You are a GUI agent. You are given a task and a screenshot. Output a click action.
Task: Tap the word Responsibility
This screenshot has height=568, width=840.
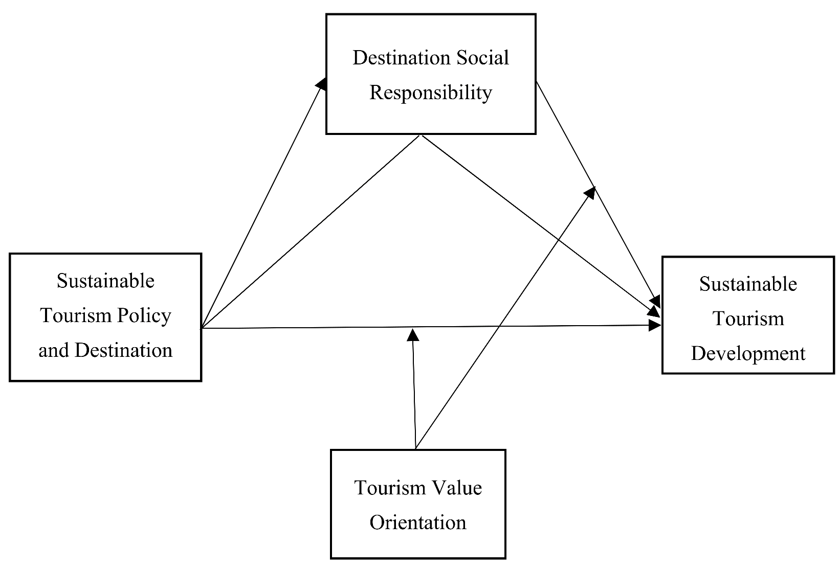[431, 93]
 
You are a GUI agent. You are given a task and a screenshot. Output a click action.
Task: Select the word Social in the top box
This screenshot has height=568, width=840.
[483, 58]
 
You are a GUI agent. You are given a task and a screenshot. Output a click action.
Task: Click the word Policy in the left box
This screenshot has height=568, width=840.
[144, 315]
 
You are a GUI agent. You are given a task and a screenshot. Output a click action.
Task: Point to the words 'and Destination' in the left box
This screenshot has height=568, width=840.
[105, 350]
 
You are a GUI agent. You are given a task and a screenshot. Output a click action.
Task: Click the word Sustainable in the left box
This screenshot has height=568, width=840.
[105, 281]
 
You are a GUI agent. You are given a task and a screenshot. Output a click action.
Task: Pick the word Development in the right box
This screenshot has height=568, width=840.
[748, 353]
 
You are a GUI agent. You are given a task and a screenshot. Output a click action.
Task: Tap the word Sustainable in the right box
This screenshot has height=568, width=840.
[748, 284]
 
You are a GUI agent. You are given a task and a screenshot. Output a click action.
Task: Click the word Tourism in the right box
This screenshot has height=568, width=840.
[748, 319]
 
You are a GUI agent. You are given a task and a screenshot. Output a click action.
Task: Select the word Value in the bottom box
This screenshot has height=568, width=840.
[456, 488]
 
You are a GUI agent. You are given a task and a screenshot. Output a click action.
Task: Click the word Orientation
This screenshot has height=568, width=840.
[418, 522]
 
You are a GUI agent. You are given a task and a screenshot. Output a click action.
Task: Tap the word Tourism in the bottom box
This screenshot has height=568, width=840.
[384, 488]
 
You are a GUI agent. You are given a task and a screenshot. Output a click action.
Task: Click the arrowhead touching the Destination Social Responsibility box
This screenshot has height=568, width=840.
[322, 83]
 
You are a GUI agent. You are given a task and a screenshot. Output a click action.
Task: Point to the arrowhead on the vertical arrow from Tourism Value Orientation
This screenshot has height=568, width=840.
[413, 335]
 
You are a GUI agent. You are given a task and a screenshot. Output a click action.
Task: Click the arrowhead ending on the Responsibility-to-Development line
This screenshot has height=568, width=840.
[590, 192]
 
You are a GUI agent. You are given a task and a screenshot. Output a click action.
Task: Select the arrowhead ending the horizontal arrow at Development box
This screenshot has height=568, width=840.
[655, 325]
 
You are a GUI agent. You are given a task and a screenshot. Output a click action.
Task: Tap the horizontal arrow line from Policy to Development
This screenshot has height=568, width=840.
[307, 327]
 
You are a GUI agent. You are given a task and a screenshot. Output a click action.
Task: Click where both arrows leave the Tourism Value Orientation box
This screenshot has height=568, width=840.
[416, 449]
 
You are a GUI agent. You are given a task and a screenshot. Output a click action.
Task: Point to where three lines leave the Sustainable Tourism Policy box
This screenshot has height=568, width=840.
[202, 328]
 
